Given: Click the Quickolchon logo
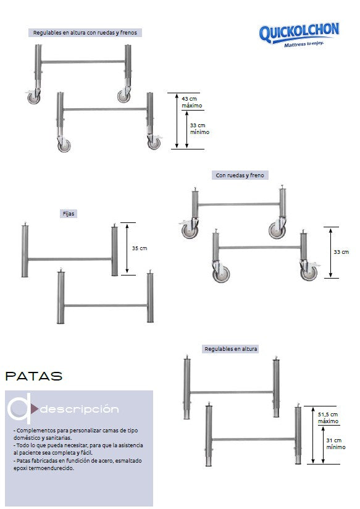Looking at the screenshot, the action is point(299,35).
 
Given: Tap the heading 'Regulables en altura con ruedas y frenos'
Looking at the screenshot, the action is point(85,33).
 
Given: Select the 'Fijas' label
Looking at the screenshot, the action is point(69,214).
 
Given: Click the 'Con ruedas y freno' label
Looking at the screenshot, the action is point(240,175).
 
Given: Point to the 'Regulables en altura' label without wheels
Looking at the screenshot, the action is point(230,349).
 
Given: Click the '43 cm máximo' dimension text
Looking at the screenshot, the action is point(191,102).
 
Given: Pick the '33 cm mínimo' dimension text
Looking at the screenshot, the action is point(199,128).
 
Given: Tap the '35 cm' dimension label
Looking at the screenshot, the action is point(140,248).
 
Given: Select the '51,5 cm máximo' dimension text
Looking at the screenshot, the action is point(328,418).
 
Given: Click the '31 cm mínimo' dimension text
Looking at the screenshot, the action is point(336,444).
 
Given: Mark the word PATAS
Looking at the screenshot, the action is point(34,376).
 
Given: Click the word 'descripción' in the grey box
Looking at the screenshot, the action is point(79,409).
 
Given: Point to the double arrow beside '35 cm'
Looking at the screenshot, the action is point(127,249).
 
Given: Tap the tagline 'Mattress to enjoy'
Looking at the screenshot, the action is point(304,44).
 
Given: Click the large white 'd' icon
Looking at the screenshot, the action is point(20,408).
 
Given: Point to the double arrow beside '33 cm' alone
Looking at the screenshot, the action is point(330,253).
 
